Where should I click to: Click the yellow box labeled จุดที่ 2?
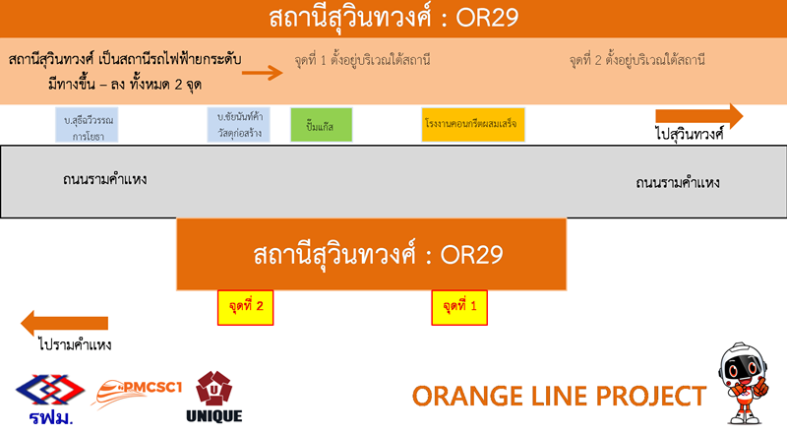click(245, 307)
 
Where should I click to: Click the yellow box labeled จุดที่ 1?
click(459, 307)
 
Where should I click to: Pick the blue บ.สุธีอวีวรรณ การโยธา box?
click(91, 125)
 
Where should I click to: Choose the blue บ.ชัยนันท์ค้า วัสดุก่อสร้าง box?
click(243, 125)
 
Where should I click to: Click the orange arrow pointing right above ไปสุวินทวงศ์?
click(699, 116)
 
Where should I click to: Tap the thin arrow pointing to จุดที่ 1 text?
click(262, 72)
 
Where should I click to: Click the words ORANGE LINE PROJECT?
click(559, 396)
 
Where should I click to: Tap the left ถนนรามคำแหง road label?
click(104, 180)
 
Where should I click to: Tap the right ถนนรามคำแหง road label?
click(678, 183)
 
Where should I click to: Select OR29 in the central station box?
click(471, 255)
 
